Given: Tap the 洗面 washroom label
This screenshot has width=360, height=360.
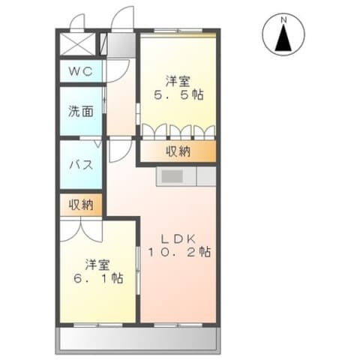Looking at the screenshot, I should [80, 112].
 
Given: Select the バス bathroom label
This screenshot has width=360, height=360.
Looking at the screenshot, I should [80, 165].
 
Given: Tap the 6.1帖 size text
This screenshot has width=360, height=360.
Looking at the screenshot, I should [98, 278].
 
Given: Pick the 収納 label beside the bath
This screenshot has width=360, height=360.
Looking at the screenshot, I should [81, 204].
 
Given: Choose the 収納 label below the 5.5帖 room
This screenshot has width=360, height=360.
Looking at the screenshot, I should [178, 152].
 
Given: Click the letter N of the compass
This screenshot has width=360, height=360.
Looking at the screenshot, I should [283, 19].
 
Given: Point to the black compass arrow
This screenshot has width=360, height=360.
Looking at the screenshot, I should [283, 39].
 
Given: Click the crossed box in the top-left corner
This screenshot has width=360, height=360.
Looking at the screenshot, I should [79, 43].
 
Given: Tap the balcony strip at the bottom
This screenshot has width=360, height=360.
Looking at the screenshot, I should [139, 340].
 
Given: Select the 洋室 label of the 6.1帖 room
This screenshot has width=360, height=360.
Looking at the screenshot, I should [97, 263].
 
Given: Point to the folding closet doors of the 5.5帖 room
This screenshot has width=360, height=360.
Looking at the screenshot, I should [178, 132].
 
